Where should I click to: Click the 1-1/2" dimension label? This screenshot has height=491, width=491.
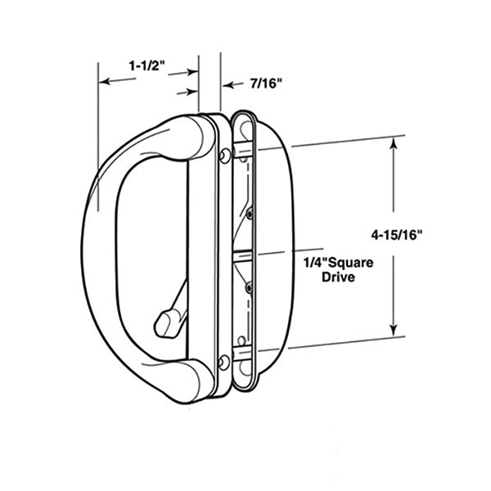[x=147, y=66]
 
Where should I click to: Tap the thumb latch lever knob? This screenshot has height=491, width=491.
[x=166, y=321]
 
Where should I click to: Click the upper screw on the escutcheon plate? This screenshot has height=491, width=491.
[x=225, y=155]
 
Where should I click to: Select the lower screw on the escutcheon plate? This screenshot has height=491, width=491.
[x=224, y=361]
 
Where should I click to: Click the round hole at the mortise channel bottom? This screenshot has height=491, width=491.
[x=241, y=339]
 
